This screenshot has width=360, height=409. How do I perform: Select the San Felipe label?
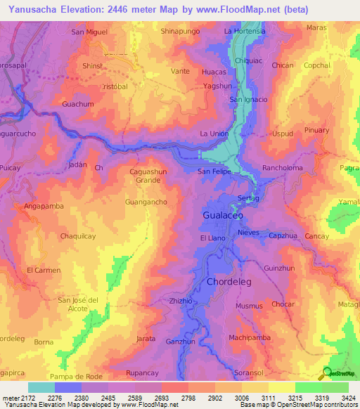214,171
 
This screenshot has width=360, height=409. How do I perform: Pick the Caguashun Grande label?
148,176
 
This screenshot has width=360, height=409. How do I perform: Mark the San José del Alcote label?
84,304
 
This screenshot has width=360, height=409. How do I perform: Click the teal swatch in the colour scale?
41,387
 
